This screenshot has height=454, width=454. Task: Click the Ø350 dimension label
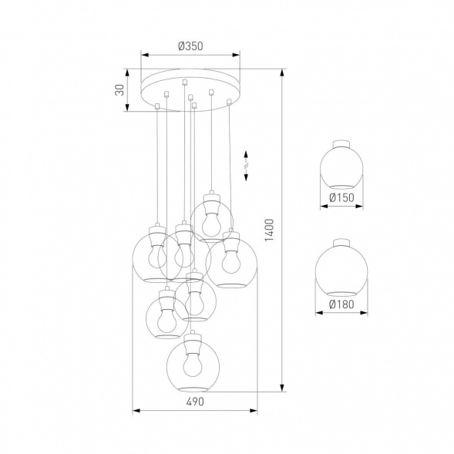(x=190, y=46)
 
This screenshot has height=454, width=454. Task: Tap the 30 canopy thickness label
(x=119, y=89)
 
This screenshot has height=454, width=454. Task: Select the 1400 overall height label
(x=269, y=228)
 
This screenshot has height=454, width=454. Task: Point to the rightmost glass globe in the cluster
(x=231, y=262)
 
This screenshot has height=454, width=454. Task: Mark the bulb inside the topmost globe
(x=210, y=220)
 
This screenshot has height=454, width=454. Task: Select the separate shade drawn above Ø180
(x=339, y=271)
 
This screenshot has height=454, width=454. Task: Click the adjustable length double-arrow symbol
(x=245, y=163)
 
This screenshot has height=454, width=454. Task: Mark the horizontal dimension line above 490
(x=194, y=410)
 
